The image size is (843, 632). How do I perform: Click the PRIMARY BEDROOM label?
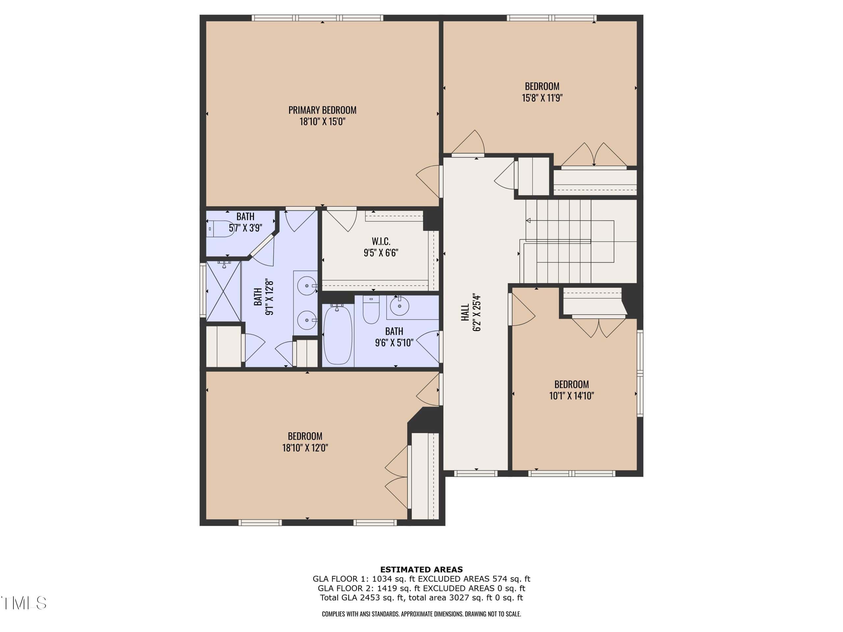click(x=322, y=110)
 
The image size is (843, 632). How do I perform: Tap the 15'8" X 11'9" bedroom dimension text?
click(x=542, y=98)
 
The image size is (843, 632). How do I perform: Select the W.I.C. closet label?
click(x=381, y=241)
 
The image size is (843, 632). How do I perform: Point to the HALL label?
click(x=465, y=312)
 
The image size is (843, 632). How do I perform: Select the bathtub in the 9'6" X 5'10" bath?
click(x=338, y=334)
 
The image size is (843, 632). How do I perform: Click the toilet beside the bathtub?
click(x=371, y=310)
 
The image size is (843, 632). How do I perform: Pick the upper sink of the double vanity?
click(x=307, y=285)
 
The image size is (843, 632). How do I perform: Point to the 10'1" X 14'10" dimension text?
click(x=571, y=396)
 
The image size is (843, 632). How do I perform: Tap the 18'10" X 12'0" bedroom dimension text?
click(x=305, y=448)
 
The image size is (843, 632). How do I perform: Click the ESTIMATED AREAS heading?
click(x=421, y=569)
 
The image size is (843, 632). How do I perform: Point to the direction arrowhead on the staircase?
click(x=528, y=220)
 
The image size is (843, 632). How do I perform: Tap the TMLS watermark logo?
click(x=24, y=603)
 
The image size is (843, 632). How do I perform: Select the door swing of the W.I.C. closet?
click(x=342, y=220)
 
